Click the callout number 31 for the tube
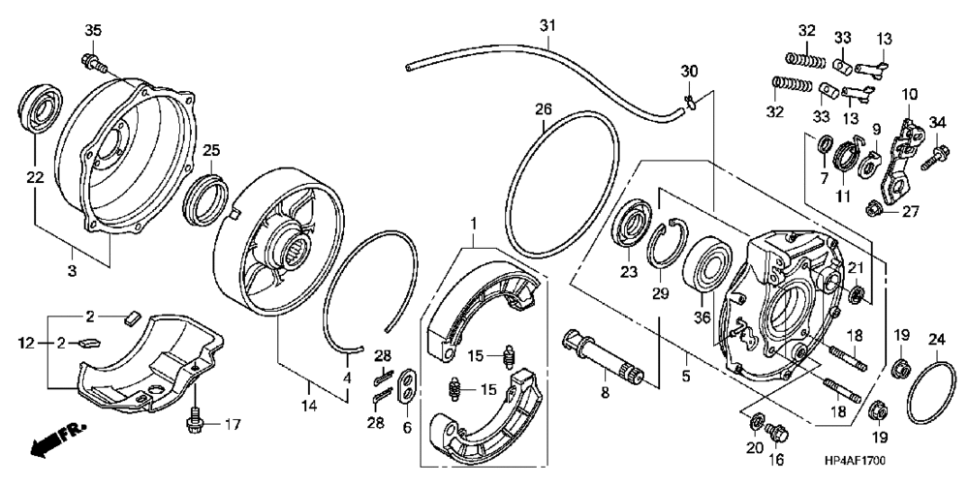coord(547,24)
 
